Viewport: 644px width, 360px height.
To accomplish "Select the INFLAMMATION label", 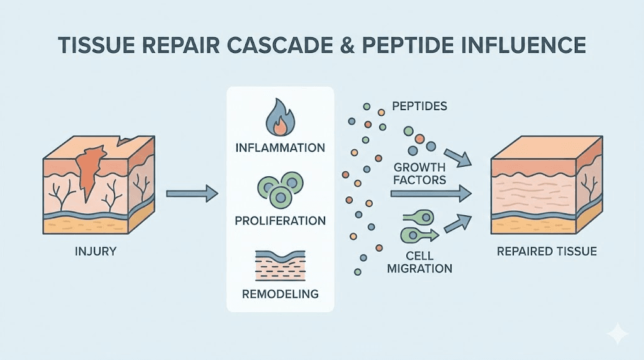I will [280, 149].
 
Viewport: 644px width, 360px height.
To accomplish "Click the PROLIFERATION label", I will [280, 221].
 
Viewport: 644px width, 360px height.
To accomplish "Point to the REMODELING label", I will [280, 294].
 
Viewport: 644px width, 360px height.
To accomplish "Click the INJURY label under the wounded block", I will [96, 252].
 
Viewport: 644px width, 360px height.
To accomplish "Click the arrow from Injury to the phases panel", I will [191, 193].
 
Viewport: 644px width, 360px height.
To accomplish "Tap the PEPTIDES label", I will [419, 106].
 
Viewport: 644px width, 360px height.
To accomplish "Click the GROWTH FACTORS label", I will [419, 174].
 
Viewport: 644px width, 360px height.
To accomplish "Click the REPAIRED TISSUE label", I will [547, 252].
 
